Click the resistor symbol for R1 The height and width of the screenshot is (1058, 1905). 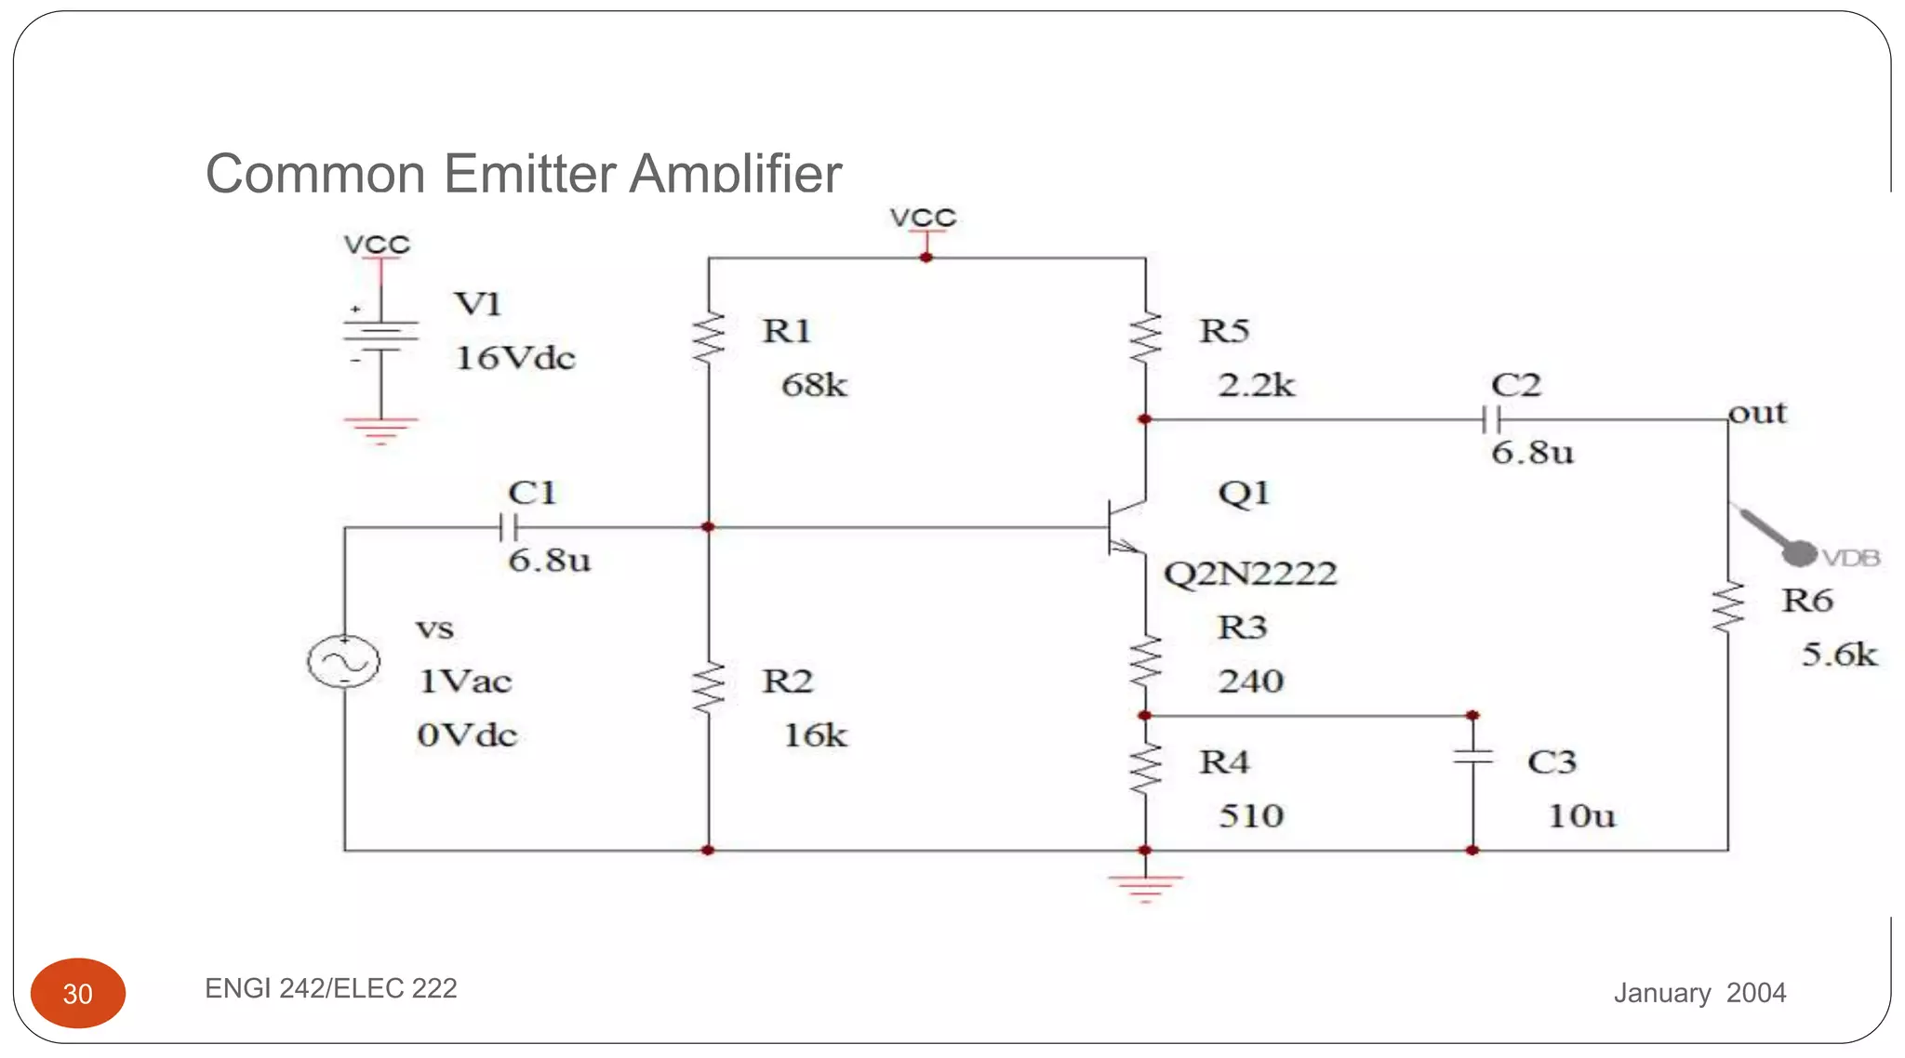709,339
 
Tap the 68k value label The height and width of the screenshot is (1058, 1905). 814,385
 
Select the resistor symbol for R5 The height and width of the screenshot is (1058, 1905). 1145,339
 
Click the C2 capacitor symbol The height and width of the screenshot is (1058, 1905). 1491,420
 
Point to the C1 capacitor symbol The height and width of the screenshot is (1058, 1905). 508,528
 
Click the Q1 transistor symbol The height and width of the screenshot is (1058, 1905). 1125,528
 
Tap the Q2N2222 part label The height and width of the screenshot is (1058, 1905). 1249,574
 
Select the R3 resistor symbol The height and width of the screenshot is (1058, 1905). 1145,662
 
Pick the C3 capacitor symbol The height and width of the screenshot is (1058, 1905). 1472,757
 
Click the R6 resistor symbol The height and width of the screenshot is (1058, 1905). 1728,608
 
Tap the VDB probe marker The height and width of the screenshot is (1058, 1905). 1799,553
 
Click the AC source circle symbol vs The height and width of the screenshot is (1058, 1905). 344,662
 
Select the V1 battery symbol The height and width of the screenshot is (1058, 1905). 380,337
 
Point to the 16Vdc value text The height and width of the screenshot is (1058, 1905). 514,358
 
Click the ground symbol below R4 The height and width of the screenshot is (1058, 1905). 1145,886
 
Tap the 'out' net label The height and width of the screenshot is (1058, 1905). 1757,413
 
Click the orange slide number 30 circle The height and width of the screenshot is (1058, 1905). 78,993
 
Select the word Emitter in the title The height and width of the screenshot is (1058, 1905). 529,174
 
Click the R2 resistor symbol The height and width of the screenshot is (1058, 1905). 709,689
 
